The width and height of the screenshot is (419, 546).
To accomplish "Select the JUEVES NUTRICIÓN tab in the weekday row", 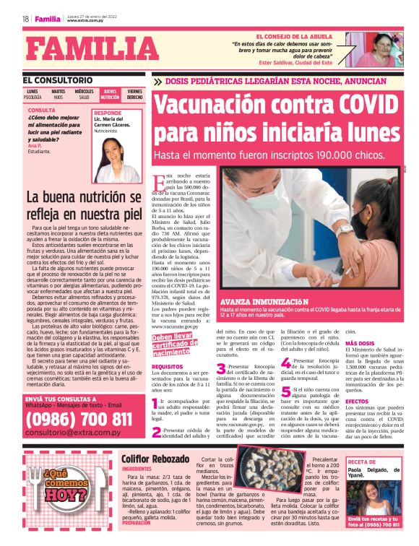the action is (110, 94).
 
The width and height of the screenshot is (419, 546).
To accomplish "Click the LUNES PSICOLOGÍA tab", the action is (33, 94).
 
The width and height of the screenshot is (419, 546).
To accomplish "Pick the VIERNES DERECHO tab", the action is (134, 94).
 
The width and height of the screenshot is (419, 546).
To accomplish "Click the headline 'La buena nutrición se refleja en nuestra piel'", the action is (83, 205).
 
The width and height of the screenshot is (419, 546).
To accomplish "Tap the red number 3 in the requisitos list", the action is (221, 369).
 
